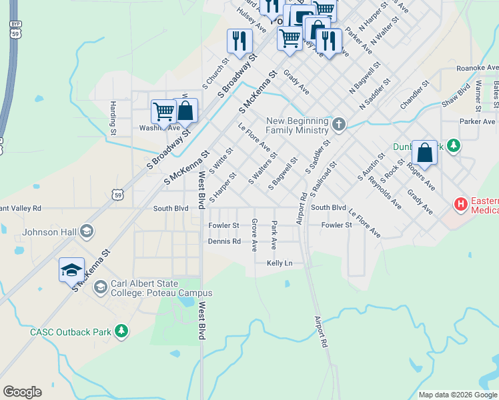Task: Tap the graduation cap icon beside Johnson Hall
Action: (x=87, y=232)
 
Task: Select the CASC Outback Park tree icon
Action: (x=121, y=331)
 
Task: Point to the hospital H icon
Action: (x=460, y=204)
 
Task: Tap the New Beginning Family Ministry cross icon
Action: (x=339, y=125)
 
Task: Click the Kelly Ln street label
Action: (x=280, y=264)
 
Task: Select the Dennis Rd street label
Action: (x=224, y=241)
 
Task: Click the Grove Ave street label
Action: (x=254, y=235)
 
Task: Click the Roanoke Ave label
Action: (x=477, y=68)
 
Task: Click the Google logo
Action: (x=22, y=392)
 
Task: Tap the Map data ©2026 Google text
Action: (x=457, y=395)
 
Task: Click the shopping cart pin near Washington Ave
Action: (x=163, y=111)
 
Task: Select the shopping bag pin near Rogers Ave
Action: (x=424, y=153)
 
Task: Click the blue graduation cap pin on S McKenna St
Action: (x=71, y=270)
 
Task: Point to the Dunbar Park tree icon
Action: (x=453, y=145)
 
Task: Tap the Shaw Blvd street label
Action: (x=456, y=95)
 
